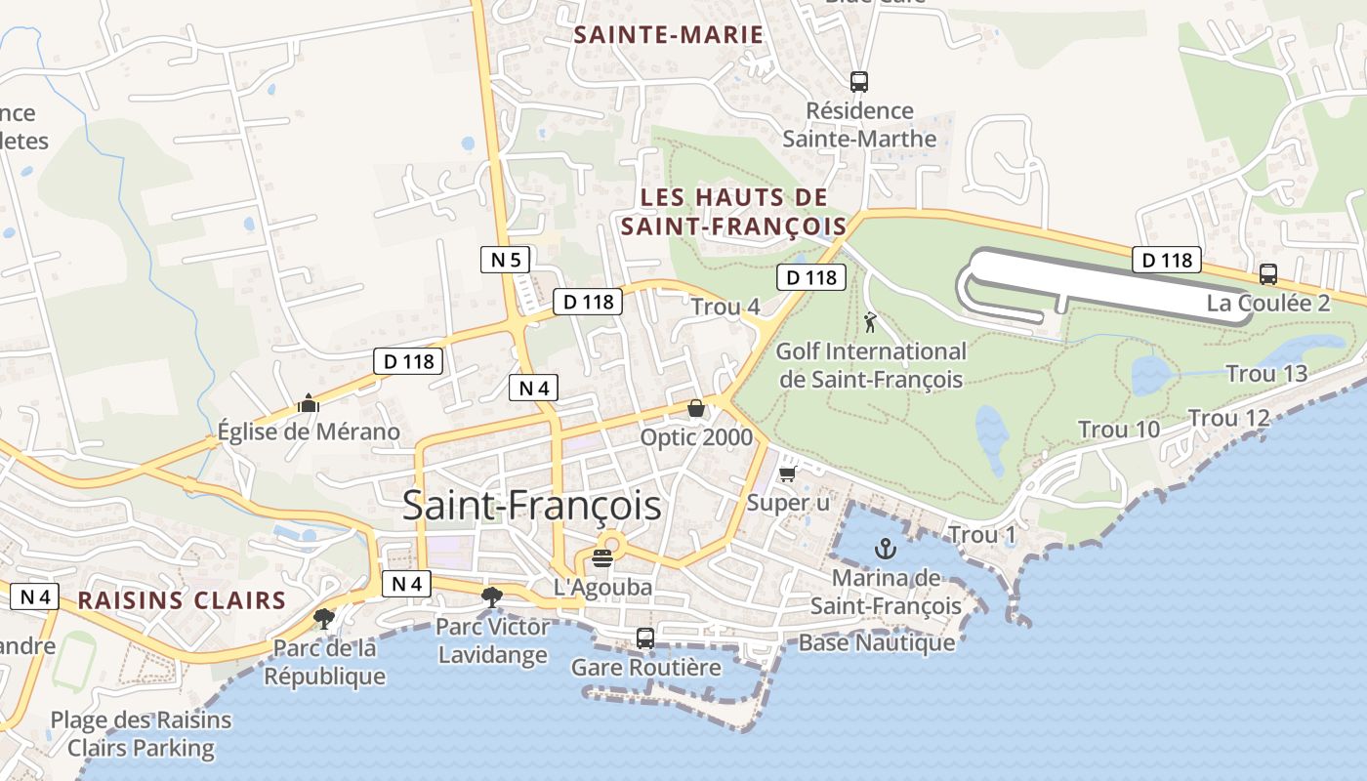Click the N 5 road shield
[x=506, y=260]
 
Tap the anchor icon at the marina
[x=886, y=548]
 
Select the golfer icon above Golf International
[x=870, y=321]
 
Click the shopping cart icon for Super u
[x=788, y=473]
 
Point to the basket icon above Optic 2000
[x=696, y=408]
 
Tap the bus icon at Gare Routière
[x=645, y=638]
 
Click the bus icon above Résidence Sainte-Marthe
[x=859, y=82]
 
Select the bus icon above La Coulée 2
[x=1268, y=274]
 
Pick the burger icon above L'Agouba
[x=602, y=558]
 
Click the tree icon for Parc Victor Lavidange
[x=492, y=596]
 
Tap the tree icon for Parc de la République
[x=323, y=618]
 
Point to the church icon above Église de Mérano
[x=309, y=402]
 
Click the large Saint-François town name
[x=531, y=507]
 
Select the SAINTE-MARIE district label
[x=668, y=35]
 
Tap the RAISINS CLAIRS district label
[x=182, y=600]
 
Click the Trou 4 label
[x=725, y=307]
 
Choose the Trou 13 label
[x=1266, y=374]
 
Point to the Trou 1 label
[x=982, y=535]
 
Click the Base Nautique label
[x=877, y=642]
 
